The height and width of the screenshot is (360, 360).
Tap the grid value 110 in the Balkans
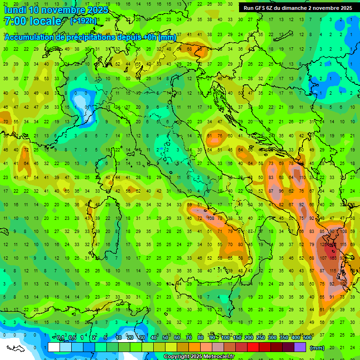pos(302,178)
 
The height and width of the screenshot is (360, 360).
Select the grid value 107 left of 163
pos(322,258)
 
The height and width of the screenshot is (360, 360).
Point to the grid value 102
pos(344,284)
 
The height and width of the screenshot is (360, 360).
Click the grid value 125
pos(323,245)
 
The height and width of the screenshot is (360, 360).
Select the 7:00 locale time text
pos(33,21)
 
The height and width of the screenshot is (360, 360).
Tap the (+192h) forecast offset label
pos(83,21)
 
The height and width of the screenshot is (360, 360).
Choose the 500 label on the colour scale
pos(307,338)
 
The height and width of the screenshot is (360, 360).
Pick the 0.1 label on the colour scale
pos(60,338)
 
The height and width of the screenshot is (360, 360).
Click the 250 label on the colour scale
pos(260,338)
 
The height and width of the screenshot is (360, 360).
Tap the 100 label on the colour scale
pos(225,338)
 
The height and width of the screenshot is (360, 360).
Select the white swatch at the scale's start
pos(54,347)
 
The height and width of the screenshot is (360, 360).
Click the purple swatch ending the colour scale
pos(300,347)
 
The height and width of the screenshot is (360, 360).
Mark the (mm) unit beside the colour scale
pos(317,347)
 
